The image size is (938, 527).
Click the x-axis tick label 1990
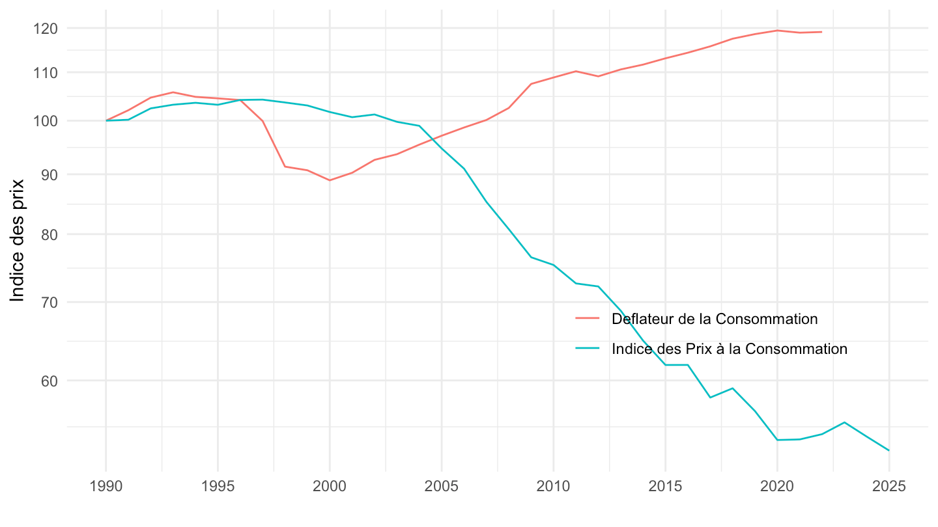coord(106,488)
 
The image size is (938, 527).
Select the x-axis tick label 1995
coord(218,488)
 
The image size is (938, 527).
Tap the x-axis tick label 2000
coord(330,488)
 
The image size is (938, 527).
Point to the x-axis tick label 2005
coord(442,488)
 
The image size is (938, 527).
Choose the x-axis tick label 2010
coord(554,488)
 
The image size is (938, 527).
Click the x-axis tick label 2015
coord(665,488)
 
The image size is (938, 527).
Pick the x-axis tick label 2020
coord(777,488)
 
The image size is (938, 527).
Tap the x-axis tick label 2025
coord(889,488)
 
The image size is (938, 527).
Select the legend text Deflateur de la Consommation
coord(715,319)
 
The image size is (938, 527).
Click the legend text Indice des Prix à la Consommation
coord(730,349)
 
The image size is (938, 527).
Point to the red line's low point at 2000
coord(330,180)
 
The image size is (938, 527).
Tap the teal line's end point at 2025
coord(889,450)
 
